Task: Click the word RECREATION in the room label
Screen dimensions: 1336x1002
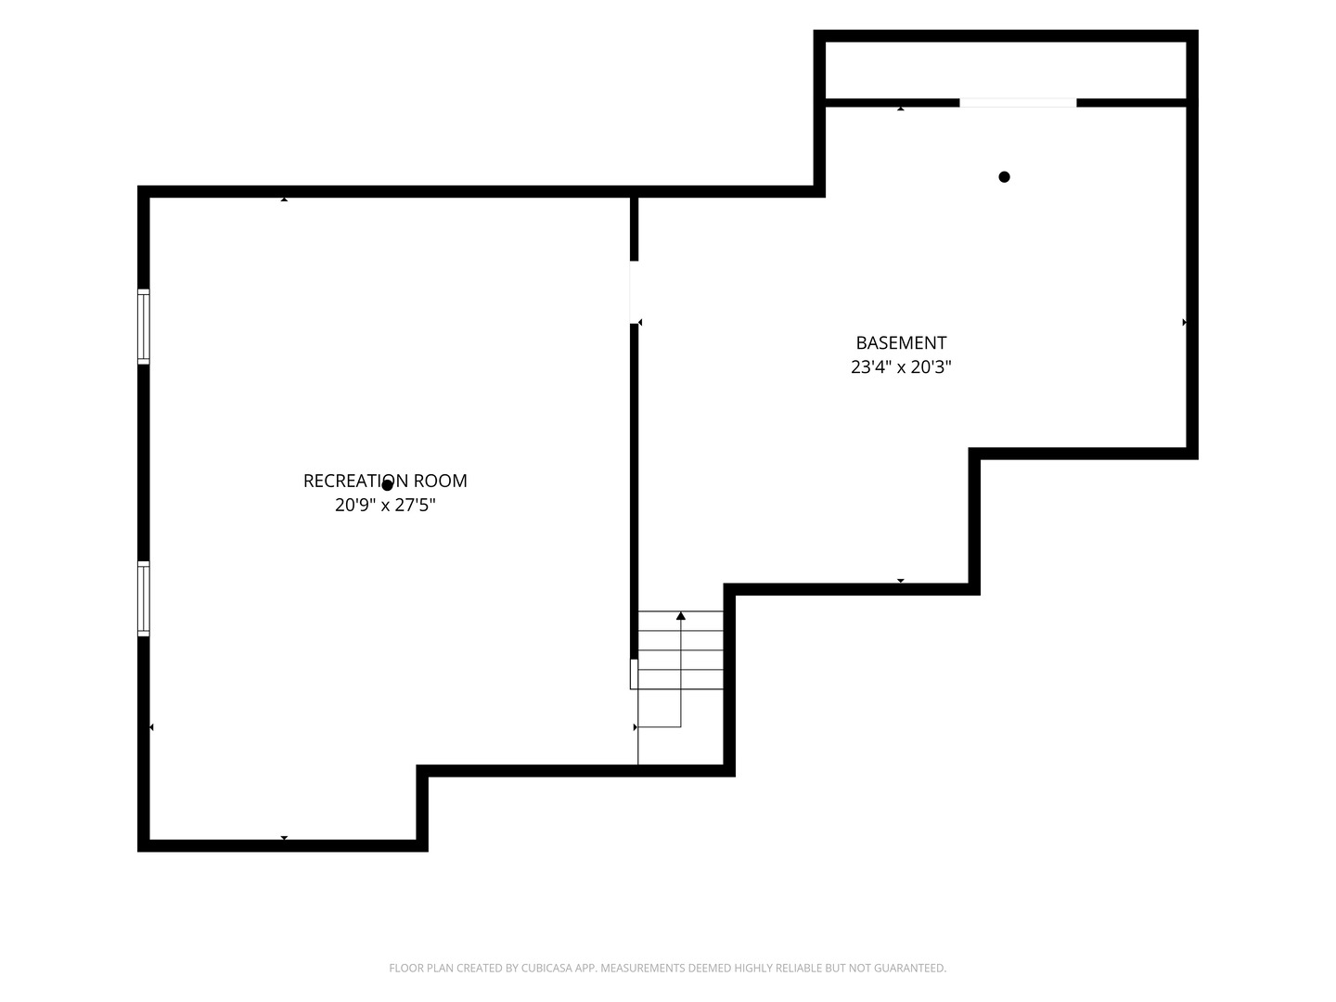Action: (355, 482)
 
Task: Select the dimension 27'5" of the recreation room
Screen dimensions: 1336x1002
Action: (416, 505)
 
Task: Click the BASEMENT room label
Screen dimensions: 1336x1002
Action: (901, 343)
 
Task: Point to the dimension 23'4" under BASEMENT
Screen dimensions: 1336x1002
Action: (870, 366)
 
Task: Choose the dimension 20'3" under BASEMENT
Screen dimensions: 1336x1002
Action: (931, 366)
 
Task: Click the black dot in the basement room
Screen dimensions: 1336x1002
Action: (1004, 177)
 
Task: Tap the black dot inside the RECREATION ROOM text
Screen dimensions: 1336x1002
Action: (387, 485)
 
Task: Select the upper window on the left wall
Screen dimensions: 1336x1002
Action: (144, 327)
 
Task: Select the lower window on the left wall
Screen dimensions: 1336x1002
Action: (144, 598)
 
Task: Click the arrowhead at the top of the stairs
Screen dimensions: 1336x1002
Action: (680, 616)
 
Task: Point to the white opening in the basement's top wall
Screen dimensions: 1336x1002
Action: (1018, 103)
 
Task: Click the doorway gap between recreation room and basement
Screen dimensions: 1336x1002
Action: (634, 292)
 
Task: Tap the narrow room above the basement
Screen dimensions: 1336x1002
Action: (1006, 70)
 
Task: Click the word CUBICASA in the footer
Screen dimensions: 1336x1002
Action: (544, 968)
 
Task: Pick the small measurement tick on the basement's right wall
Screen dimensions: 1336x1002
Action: (1184, 323)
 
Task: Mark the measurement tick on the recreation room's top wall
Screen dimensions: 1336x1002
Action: (284, 199)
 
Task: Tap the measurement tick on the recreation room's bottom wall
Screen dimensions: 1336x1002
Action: (284, 838)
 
